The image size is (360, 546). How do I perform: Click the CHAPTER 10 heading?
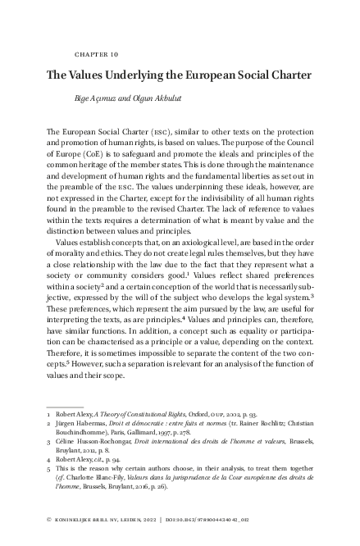96,54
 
